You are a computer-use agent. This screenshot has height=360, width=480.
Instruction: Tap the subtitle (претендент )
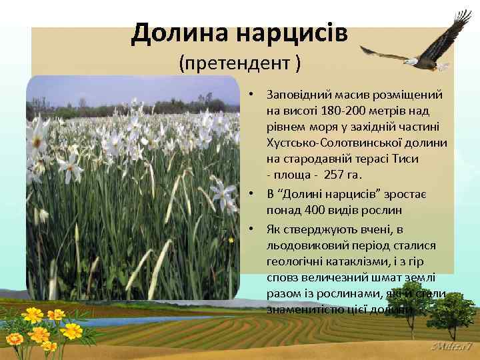click(240, 64)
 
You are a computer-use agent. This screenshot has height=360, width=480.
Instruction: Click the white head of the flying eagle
click(411, 61)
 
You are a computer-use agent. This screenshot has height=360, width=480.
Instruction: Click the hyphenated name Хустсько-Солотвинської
click(356, 143)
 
